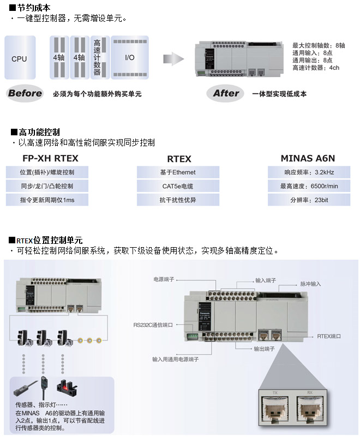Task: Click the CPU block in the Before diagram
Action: [20, 58]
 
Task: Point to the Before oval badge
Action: [25, 93]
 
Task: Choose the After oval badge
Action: [226, 93]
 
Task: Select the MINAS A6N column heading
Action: [308, 159]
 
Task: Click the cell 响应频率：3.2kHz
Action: [309, 172]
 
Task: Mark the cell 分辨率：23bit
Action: [309, 200]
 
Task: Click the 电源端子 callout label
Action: [164, 279]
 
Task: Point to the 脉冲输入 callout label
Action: [310, 284]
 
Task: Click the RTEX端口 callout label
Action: [329, 337]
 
